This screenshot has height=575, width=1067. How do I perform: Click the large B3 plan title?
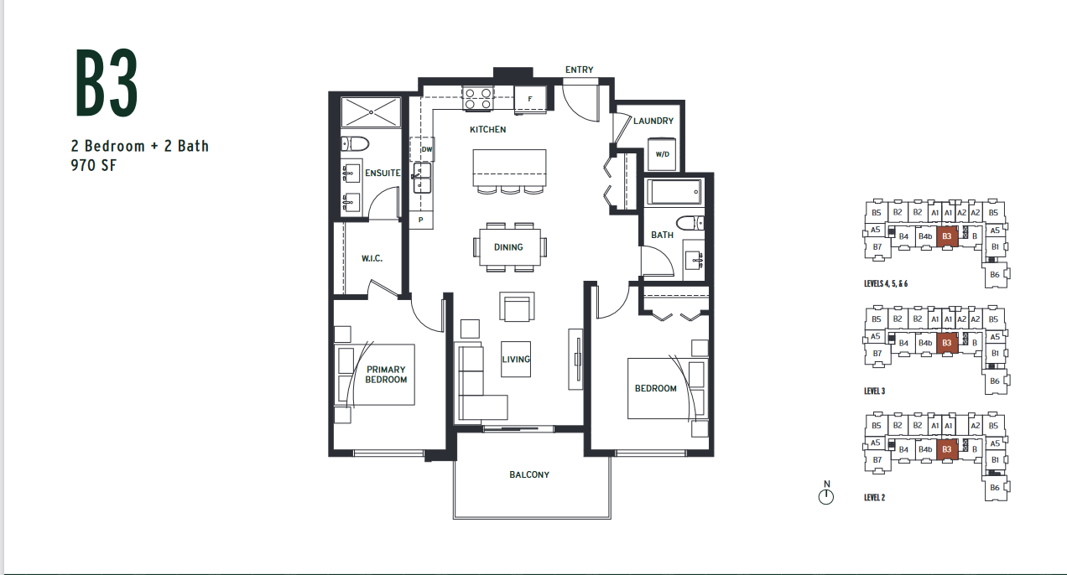tap(107, 82)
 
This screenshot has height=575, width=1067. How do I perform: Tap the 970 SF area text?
tap(94, 165)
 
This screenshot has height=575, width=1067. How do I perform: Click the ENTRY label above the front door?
tap(580, 70)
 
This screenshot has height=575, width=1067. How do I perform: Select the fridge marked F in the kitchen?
tap(529, 99)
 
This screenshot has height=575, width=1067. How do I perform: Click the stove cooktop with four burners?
tap(478, 99)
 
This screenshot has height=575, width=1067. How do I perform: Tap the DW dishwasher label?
tap(427, 149)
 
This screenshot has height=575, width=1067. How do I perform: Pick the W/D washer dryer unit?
tap(662, 153)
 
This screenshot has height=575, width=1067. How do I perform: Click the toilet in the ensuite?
tap(355, 144)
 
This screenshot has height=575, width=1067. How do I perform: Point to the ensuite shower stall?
tap(371, 112)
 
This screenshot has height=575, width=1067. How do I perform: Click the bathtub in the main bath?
tap(674, 192)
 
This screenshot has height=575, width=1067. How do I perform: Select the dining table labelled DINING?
tap(509, 247)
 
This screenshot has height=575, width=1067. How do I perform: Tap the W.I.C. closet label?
tap(372, 258)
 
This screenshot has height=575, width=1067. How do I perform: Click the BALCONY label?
tap(529, 474)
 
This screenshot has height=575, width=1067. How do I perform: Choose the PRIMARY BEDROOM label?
tap(386, 375)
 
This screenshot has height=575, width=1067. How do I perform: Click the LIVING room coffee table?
tap(516, 359)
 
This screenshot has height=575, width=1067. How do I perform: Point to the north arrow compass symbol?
tap(826, 493)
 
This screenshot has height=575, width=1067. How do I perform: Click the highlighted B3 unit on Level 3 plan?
tap(947, 343)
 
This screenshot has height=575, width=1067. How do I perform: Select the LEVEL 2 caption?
tap(875, 497)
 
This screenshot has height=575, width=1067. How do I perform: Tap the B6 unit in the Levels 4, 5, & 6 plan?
tap(995, 275)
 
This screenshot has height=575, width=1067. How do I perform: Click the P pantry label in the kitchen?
tap(420, 220)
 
